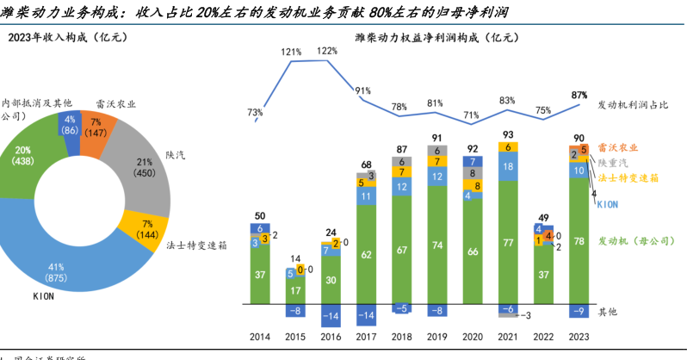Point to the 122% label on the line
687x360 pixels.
[327, 51]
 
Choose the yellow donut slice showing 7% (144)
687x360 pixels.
[141, 227]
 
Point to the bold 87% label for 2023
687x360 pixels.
[579, 95]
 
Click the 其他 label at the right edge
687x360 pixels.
[608, 311]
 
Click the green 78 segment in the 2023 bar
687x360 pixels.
[580, 244]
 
